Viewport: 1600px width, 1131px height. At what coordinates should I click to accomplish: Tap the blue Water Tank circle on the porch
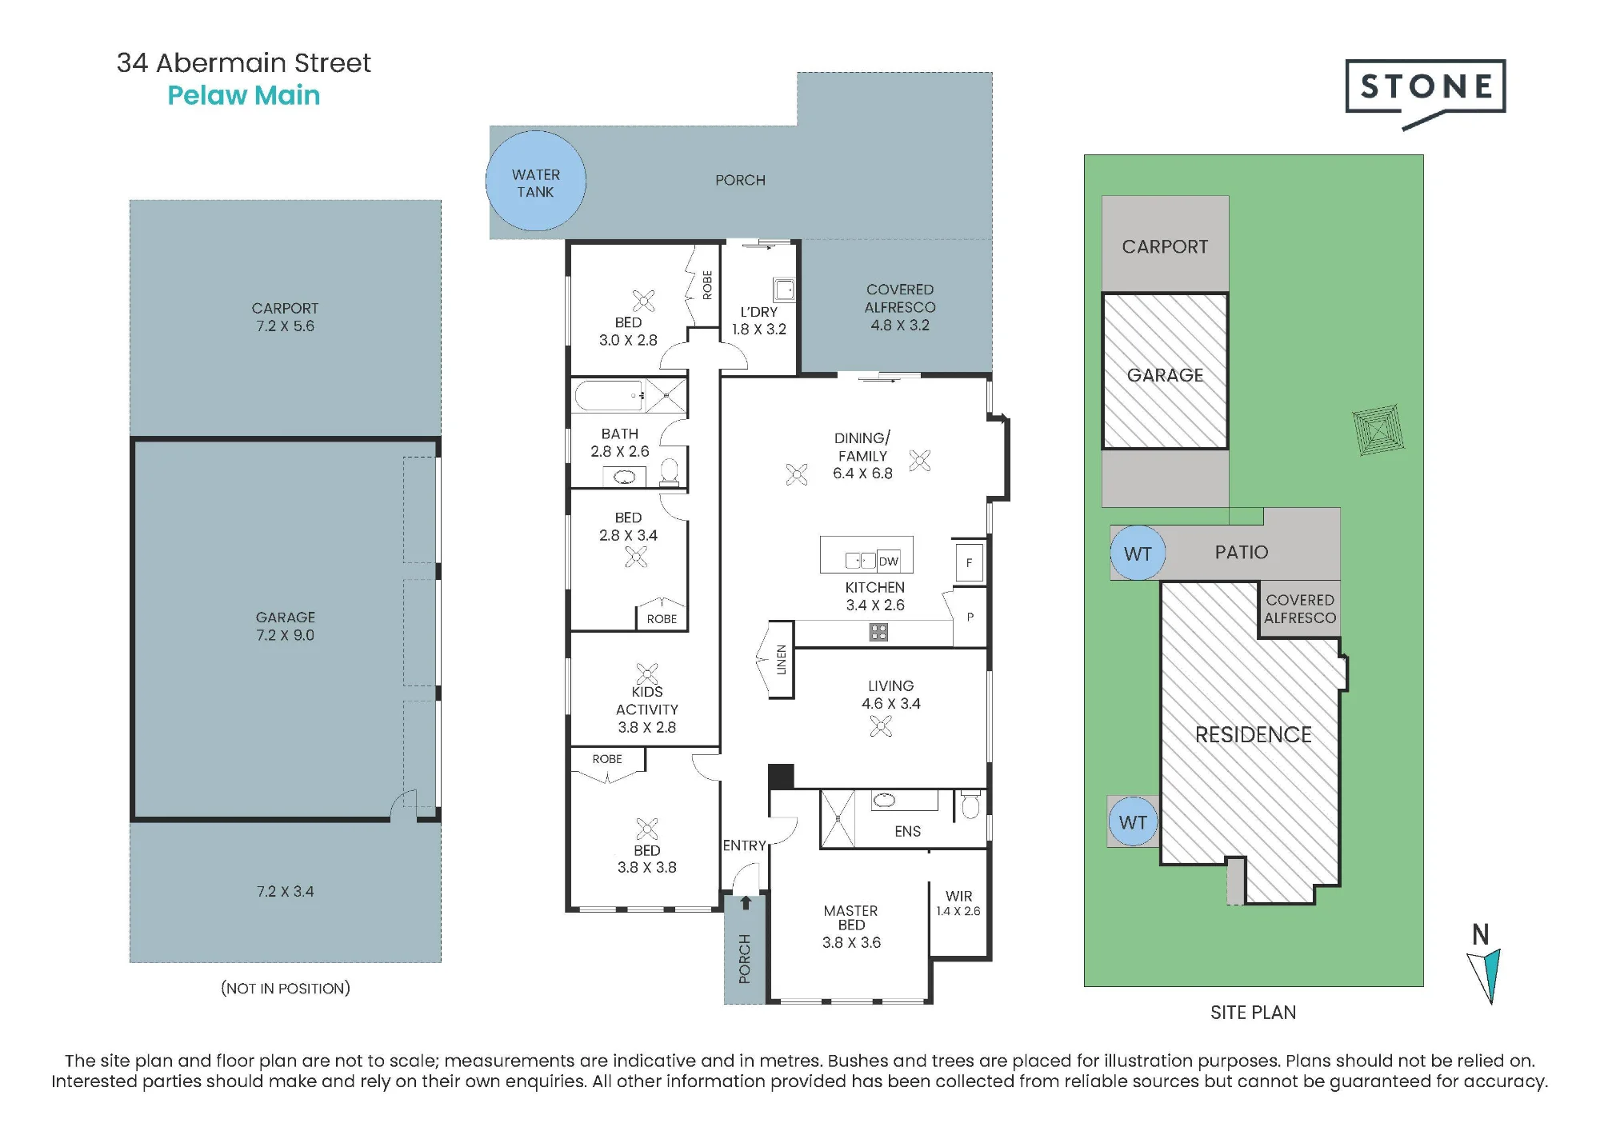[x=536, y=182]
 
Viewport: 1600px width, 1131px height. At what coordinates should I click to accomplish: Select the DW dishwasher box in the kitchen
[x=889, y=561]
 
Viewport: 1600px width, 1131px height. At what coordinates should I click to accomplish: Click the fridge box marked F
[x=969, y=562]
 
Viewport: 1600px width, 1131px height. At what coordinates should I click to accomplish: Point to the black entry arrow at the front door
[x=746, y=903]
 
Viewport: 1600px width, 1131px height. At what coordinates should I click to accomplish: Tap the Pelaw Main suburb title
[x=244, y=95]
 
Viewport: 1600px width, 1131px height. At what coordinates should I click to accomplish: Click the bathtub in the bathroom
[x=610, y=396]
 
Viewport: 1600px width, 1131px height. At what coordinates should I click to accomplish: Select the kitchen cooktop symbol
[x=878, y=633]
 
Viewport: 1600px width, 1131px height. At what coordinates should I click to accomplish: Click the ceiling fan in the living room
[x=881, y=726]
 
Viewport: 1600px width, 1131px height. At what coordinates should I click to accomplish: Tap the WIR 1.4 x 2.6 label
[x=958, y=903]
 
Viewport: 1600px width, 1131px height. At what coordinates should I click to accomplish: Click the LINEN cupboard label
[x=782, y=660]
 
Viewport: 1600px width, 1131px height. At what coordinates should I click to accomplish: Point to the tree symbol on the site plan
[x=1378, y=430]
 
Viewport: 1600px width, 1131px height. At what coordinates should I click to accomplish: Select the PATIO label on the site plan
[x=1242, y=552]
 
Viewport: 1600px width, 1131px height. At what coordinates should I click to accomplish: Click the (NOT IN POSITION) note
[x=286, y=988]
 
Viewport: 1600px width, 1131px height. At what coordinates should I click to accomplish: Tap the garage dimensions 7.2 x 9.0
[x=286, y=635]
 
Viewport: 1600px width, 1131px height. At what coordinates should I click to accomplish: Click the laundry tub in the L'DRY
[x=784, y=290]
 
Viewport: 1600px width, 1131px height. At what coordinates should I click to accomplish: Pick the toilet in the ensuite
[x=970, y=805]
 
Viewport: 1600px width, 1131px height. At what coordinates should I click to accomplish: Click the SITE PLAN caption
[x=1253, y=1013]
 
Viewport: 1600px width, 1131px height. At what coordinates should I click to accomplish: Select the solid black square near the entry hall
[x=781, y=777]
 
